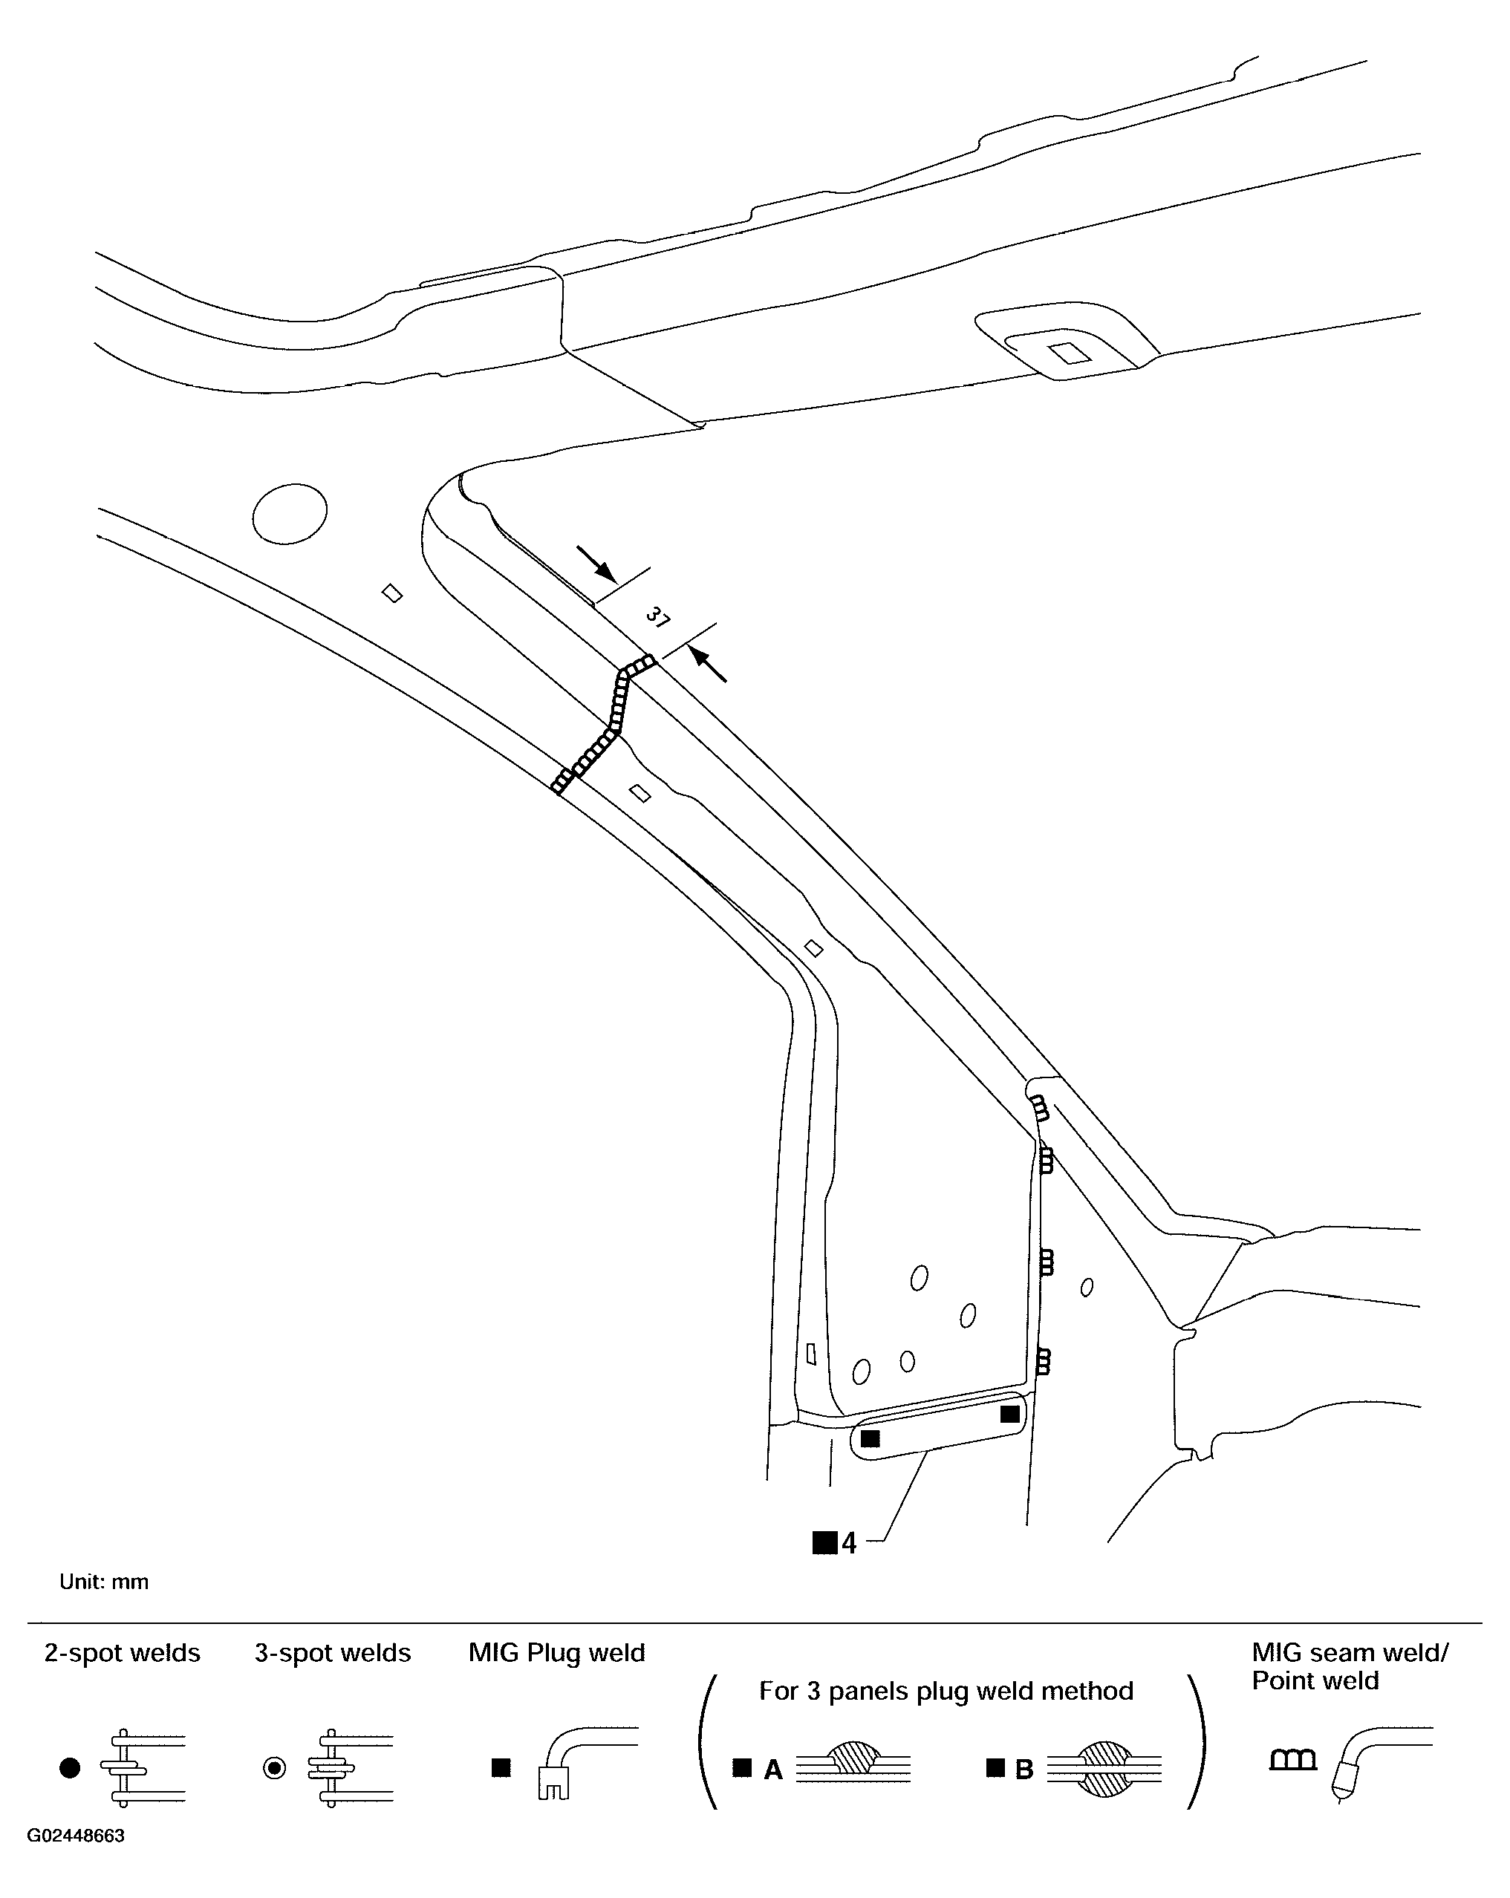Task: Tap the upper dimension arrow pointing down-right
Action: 597,564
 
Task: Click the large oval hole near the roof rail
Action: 290,513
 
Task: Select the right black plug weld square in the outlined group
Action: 1010,1414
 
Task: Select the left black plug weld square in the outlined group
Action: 870,1438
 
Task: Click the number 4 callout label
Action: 848,1543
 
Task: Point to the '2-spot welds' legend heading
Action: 123,1653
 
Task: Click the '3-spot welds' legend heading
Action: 333,1653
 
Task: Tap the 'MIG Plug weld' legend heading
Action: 556,1653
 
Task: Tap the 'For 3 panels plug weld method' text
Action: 946,1691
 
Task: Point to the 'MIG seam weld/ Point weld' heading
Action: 1349,1666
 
